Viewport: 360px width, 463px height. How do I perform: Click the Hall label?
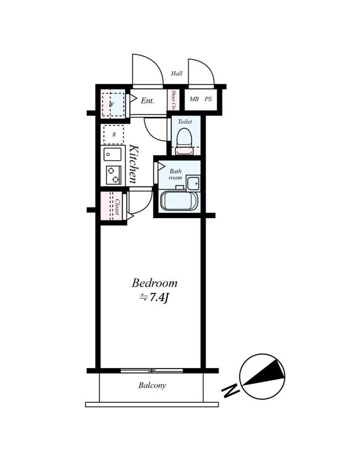[x=177, y=74]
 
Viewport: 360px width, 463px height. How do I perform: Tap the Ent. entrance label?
[x=148, y=101]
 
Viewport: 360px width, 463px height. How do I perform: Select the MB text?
[x=194, y=99]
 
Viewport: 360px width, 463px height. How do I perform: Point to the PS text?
[x=208, y=99]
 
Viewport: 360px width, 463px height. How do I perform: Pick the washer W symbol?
[x=112, y=104]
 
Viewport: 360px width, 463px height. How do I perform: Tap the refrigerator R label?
[x=114, y=135]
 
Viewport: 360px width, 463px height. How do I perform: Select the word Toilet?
[x=185, y=122]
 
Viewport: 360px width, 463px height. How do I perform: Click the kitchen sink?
[x=112, y=155]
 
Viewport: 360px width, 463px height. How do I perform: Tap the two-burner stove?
[x=113, y=175]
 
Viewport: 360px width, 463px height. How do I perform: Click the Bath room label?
[x=175, y=175]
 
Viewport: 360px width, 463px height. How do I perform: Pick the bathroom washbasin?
[x=193, y=183]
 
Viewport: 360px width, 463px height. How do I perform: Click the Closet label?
[x=117, y=207]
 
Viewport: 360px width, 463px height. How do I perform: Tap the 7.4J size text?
[x=154, y=297]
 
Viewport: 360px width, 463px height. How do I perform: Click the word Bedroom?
[x=155, y=283]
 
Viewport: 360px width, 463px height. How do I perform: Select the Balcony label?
[x=152, y=385]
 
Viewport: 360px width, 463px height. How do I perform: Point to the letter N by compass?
[x=230, y=391]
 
